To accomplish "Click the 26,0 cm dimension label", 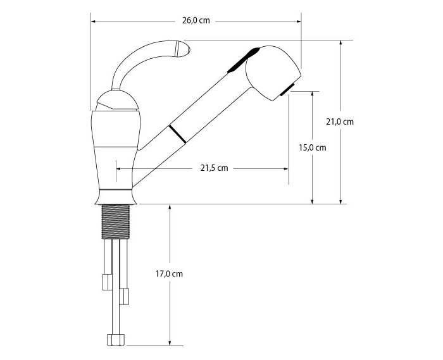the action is tap(196, 21).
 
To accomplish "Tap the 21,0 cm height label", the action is tap(340, 121).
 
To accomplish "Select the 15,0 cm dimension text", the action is tap(313, 147).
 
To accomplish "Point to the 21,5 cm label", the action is tap(214, 168).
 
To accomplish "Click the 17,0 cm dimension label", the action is tap(169, 274).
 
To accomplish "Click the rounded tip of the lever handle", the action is tap(183, 49).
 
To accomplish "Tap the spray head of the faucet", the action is tap(273, 72).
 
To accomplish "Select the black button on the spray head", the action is tap(244, 60).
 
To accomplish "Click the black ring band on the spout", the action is tap(177, 134).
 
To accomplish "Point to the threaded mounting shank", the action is tap(116, 222).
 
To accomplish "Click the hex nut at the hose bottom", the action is tap(116, 340).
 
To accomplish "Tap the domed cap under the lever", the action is tap(117, 101).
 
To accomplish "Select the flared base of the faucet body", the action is tap(116, 197).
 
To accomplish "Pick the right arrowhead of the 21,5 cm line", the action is tap(285, 168).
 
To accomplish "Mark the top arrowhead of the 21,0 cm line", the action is tap(341, 43).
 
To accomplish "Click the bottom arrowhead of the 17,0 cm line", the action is tap(170, 342).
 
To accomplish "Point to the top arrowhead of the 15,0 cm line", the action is tap(312, 94).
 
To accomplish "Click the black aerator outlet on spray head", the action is tap(287, 90).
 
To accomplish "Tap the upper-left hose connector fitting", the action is tap(108, 282).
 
